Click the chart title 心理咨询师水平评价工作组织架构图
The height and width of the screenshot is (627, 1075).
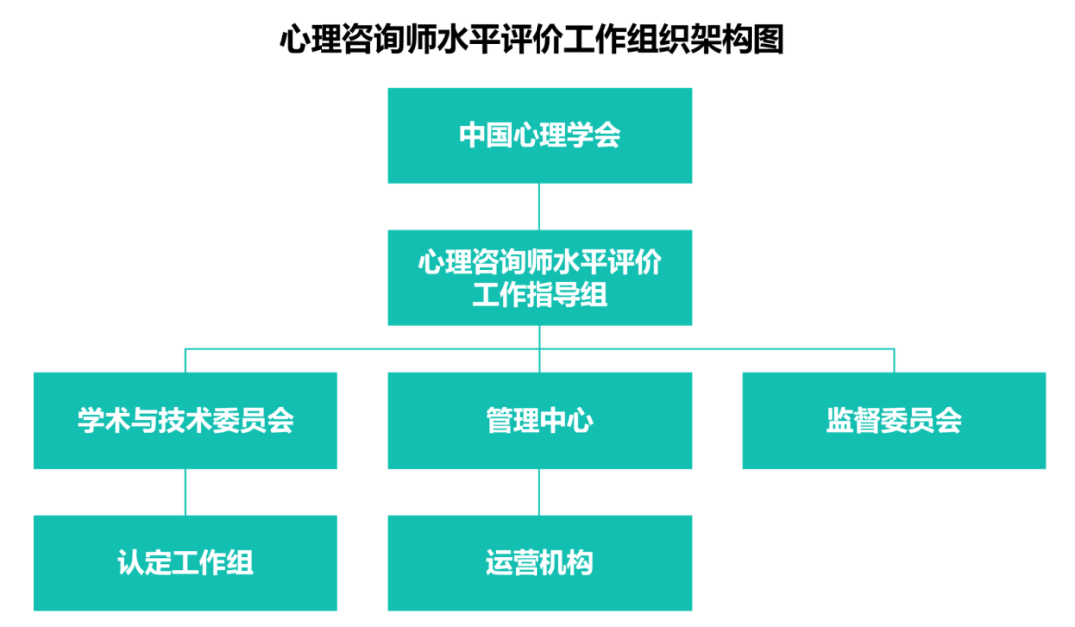[532, 39]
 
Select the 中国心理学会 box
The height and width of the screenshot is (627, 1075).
[539, 135]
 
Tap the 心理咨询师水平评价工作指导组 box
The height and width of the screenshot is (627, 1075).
[539, 278]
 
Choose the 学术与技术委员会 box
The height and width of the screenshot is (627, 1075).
[185, 420]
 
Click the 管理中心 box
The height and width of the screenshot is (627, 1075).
[539, 420]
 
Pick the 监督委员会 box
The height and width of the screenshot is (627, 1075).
[894, 420]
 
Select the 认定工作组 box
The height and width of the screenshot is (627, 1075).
[185, 562]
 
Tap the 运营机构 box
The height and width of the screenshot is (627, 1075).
[539, 562]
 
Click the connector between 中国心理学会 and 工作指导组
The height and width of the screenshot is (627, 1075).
[539, 206]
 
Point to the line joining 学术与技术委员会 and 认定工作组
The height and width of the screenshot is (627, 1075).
[185, 492]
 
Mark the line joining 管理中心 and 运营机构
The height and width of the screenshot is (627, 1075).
[539, 492]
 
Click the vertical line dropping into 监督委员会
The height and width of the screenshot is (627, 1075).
[894, 361]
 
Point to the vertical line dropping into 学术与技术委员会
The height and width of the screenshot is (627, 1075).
[185, 361]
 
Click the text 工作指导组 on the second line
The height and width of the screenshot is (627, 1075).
[539, 295]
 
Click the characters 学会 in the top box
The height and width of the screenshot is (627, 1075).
[594, 135]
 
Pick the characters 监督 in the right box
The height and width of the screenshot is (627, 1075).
[853, 420]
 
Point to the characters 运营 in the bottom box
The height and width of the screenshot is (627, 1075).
[513, 562]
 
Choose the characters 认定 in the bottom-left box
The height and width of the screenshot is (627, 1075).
[144, 562]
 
